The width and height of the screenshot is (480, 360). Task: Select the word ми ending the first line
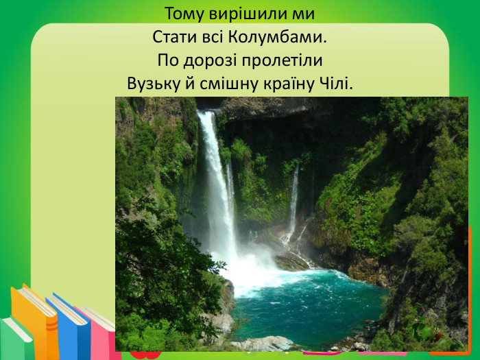[305, 14]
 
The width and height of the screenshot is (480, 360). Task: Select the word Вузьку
[150, 84]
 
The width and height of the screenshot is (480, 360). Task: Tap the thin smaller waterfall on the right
[293, 199]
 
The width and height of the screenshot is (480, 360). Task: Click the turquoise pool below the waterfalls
[309, 302]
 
